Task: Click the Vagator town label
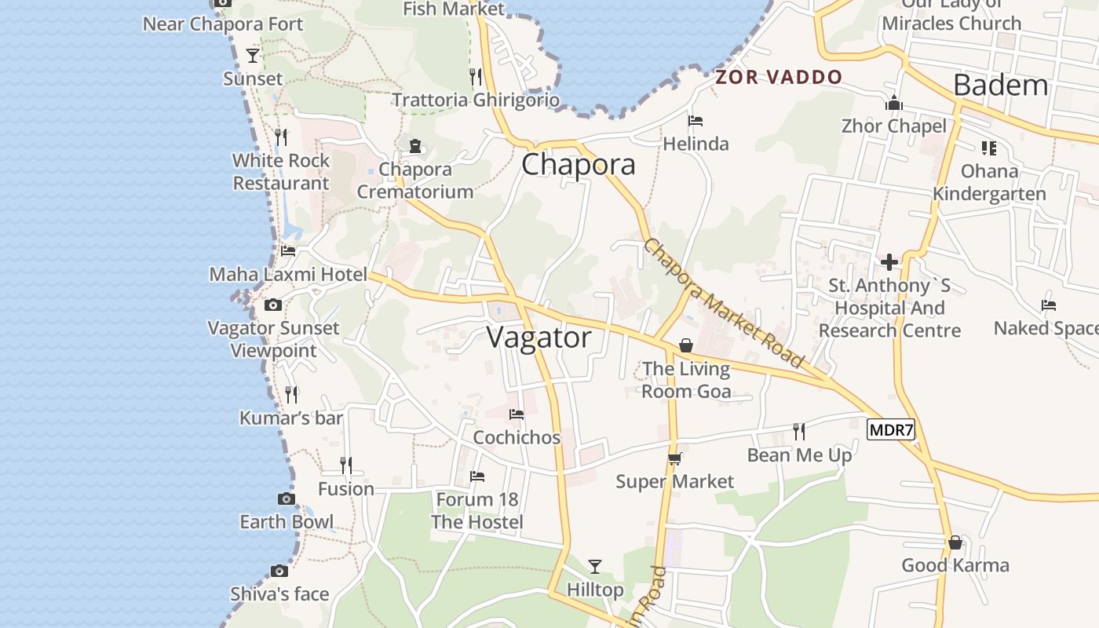(539, 338)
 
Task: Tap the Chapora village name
(578, 165)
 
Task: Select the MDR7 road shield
(891, 429)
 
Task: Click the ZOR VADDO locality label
(779, 77)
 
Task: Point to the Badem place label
(1000, 85)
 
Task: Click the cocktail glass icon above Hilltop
(595, 566)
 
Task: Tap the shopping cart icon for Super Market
(674, 458)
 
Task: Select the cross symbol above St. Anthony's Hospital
(889, 261)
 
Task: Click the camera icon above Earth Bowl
(286, 498)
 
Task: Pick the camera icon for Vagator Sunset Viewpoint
(272, 305)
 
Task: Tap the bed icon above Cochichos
(516, 414)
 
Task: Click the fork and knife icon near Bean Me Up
(799, 431)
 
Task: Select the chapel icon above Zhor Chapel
(893, 103)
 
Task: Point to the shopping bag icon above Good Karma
(955, 542)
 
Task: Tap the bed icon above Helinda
(695, 121)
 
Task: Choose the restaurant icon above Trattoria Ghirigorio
(475, 76)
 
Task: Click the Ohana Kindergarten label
(989, 182)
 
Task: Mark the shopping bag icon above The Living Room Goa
(686, 345)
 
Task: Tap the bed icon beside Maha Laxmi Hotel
(288, 251)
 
